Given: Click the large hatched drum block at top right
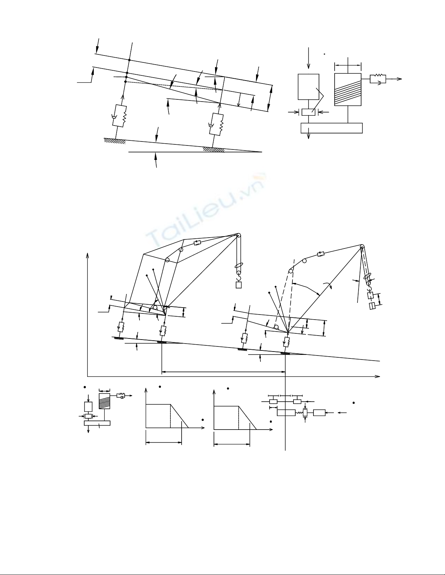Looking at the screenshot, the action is click(348, 90).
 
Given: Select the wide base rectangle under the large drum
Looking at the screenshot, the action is click(332, 128).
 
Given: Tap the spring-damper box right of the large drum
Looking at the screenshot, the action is click(378, 79).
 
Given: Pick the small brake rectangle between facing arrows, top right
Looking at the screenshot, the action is click(308, 112).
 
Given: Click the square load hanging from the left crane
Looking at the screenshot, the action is click(239, 285).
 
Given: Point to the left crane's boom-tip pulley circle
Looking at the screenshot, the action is click(238, 235).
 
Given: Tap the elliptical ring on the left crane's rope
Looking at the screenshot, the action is click(238, 266).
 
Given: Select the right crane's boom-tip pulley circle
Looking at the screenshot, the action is click(362, 246).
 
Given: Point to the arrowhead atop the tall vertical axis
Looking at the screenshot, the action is click(88, 255).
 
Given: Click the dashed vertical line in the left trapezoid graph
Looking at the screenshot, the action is click(170, 416).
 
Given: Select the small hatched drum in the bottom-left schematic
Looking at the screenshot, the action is click(104, 401).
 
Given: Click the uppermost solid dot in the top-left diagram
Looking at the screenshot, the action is click(129, 60).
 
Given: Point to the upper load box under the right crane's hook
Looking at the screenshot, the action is click(370, 295).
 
